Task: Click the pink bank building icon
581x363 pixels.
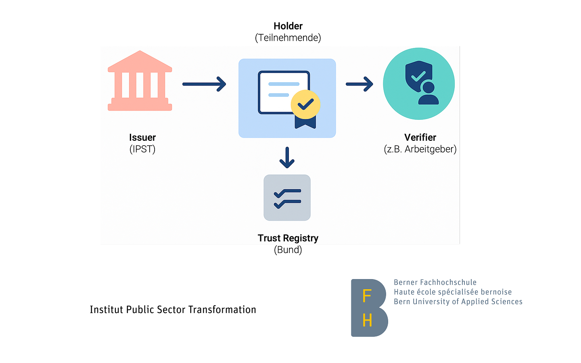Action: coord(140,81)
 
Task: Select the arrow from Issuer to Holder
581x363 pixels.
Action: coord(204,84)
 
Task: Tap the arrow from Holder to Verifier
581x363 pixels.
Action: coord(359,84)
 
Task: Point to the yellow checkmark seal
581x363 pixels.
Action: coord(305,104)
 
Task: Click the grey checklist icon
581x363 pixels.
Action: coord(287,198)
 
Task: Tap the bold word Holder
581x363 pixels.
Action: coord(288,26)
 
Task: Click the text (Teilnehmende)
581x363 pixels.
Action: coord(288,38)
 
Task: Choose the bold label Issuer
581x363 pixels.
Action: coord(142,138)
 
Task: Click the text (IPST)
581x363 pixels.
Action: coord(142,149)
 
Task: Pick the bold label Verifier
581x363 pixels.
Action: coord(420,138)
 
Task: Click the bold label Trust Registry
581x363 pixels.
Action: coord(288,238)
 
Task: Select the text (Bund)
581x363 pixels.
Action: coord(288,250)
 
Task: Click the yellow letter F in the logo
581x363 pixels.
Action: coord(367,296)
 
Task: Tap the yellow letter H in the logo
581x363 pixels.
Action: coord(367,321)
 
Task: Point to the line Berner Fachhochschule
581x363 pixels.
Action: coord(435,282)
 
